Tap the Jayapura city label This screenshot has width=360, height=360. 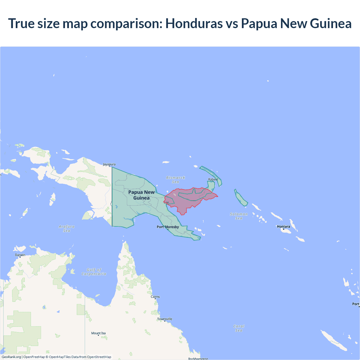(x=109, y=164)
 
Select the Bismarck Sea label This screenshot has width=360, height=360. (x=175, y=180)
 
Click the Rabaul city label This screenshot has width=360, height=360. (x=213, y=179)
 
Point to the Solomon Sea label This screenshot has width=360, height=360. (x=239, y=216)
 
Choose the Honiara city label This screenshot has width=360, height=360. (x=283, y=226)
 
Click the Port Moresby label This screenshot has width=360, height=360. (x=168, y=227)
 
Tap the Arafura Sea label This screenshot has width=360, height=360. (x=67, y=228)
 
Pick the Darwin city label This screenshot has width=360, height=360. (x=20, y=255)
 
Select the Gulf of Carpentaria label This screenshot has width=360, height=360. (x=94, y=272)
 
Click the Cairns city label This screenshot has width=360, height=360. (x=155, y=297)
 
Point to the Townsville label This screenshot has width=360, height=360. (x=165, y=319)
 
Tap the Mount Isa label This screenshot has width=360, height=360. (x=98, y=333)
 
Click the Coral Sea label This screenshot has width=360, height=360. (x=239, y=328)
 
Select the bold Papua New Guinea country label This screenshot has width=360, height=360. (x=141, y=195)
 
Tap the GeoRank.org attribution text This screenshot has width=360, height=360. (x=11, y=357)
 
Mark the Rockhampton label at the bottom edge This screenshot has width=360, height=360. (x=198, y=359)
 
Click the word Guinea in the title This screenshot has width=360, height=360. (x=331, y=23)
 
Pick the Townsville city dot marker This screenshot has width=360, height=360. (x=165, y=321)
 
